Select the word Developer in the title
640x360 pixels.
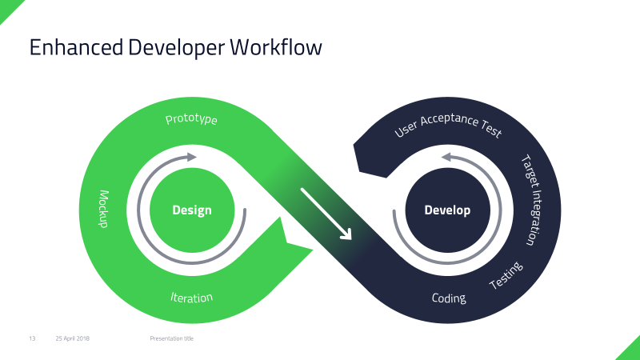[x=176, y=47]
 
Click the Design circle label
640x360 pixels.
[x=192, y=210]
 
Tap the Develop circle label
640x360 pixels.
[x=447, y=210]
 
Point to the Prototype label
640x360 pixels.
[x=192, y=119]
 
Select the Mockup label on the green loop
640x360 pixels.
[x=103, y=209]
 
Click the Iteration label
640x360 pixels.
[x=192, y=298]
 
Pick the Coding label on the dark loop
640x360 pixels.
[x=449, y=298]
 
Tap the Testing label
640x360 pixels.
[x=506, y=275]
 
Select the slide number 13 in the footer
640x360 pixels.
[x=33, y=338]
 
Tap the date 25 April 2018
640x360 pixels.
[x=73, y=338]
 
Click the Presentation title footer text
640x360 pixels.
[x=171, y=338]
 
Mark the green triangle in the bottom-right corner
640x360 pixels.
[x=628, y=350]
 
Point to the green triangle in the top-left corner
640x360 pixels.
[x=7, y=6]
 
